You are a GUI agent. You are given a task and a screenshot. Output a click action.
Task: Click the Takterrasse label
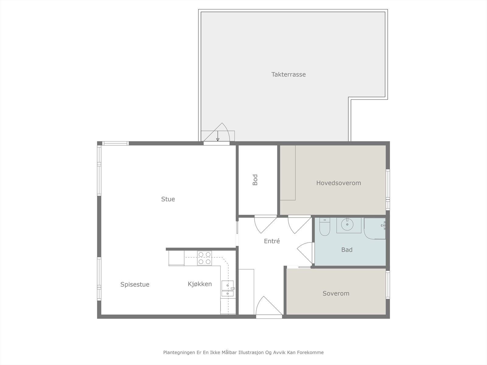289,75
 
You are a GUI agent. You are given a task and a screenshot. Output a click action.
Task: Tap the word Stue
168,199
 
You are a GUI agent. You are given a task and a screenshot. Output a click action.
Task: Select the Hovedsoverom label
338,183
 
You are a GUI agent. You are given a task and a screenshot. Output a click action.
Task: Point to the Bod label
255,180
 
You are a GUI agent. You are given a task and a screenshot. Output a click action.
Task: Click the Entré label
272,241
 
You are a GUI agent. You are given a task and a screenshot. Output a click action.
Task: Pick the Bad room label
347,250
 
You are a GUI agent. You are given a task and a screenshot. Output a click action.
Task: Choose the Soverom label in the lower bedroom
336,294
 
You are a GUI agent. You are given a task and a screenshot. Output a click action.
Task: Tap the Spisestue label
135,285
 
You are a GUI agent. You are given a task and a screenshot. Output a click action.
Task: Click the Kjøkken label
200,284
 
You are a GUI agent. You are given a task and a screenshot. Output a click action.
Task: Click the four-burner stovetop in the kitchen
204,258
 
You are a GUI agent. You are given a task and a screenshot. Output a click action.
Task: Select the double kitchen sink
228,289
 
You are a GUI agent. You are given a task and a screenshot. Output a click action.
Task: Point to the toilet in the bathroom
325,227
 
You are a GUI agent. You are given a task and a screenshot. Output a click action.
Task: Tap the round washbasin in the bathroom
347,224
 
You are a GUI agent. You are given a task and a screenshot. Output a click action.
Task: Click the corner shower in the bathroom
375,228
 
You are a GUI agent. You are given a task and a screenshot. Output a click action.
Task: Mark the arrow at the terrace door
218,136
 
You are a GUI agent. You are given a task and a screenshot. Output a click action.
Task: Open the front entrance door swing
269,306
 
